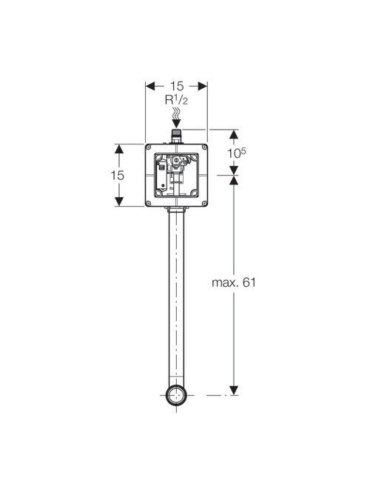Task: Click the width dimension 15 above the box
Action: pos(177,86)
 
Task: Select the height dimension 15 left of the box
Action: pos(118,175)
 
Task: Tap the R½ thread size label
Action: pos(176,100)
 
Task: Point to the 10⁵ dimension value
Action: pos(237,153)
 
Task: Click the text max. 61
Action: pos(234,282)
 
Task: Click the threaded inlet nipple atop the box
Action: pos(176,136)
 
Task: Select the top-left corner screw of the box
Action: pos(149,147)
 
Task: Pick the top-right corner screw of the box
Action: pos(204,147)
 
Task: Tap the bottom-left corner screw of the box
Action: pos(149,203)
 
